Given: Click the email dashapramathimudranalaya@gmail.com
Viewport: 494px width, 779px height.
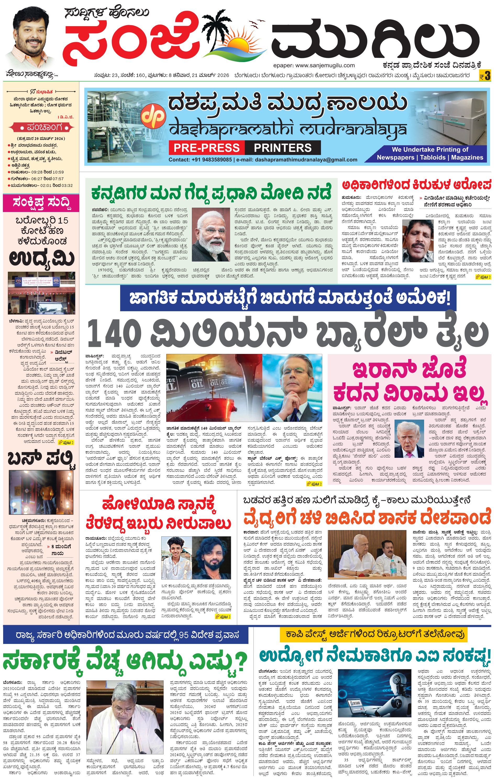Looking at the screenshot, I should tap(306, 159).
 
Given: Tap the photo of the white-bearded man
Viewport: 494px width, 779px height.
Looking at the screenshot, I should tap(211, 234).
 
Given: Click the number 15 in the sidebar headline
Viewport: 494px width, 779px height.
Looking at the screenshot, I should tap(63, 220).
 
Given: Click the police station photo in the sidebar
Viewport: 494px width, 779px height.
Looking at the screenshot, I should tap(41, 293).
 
